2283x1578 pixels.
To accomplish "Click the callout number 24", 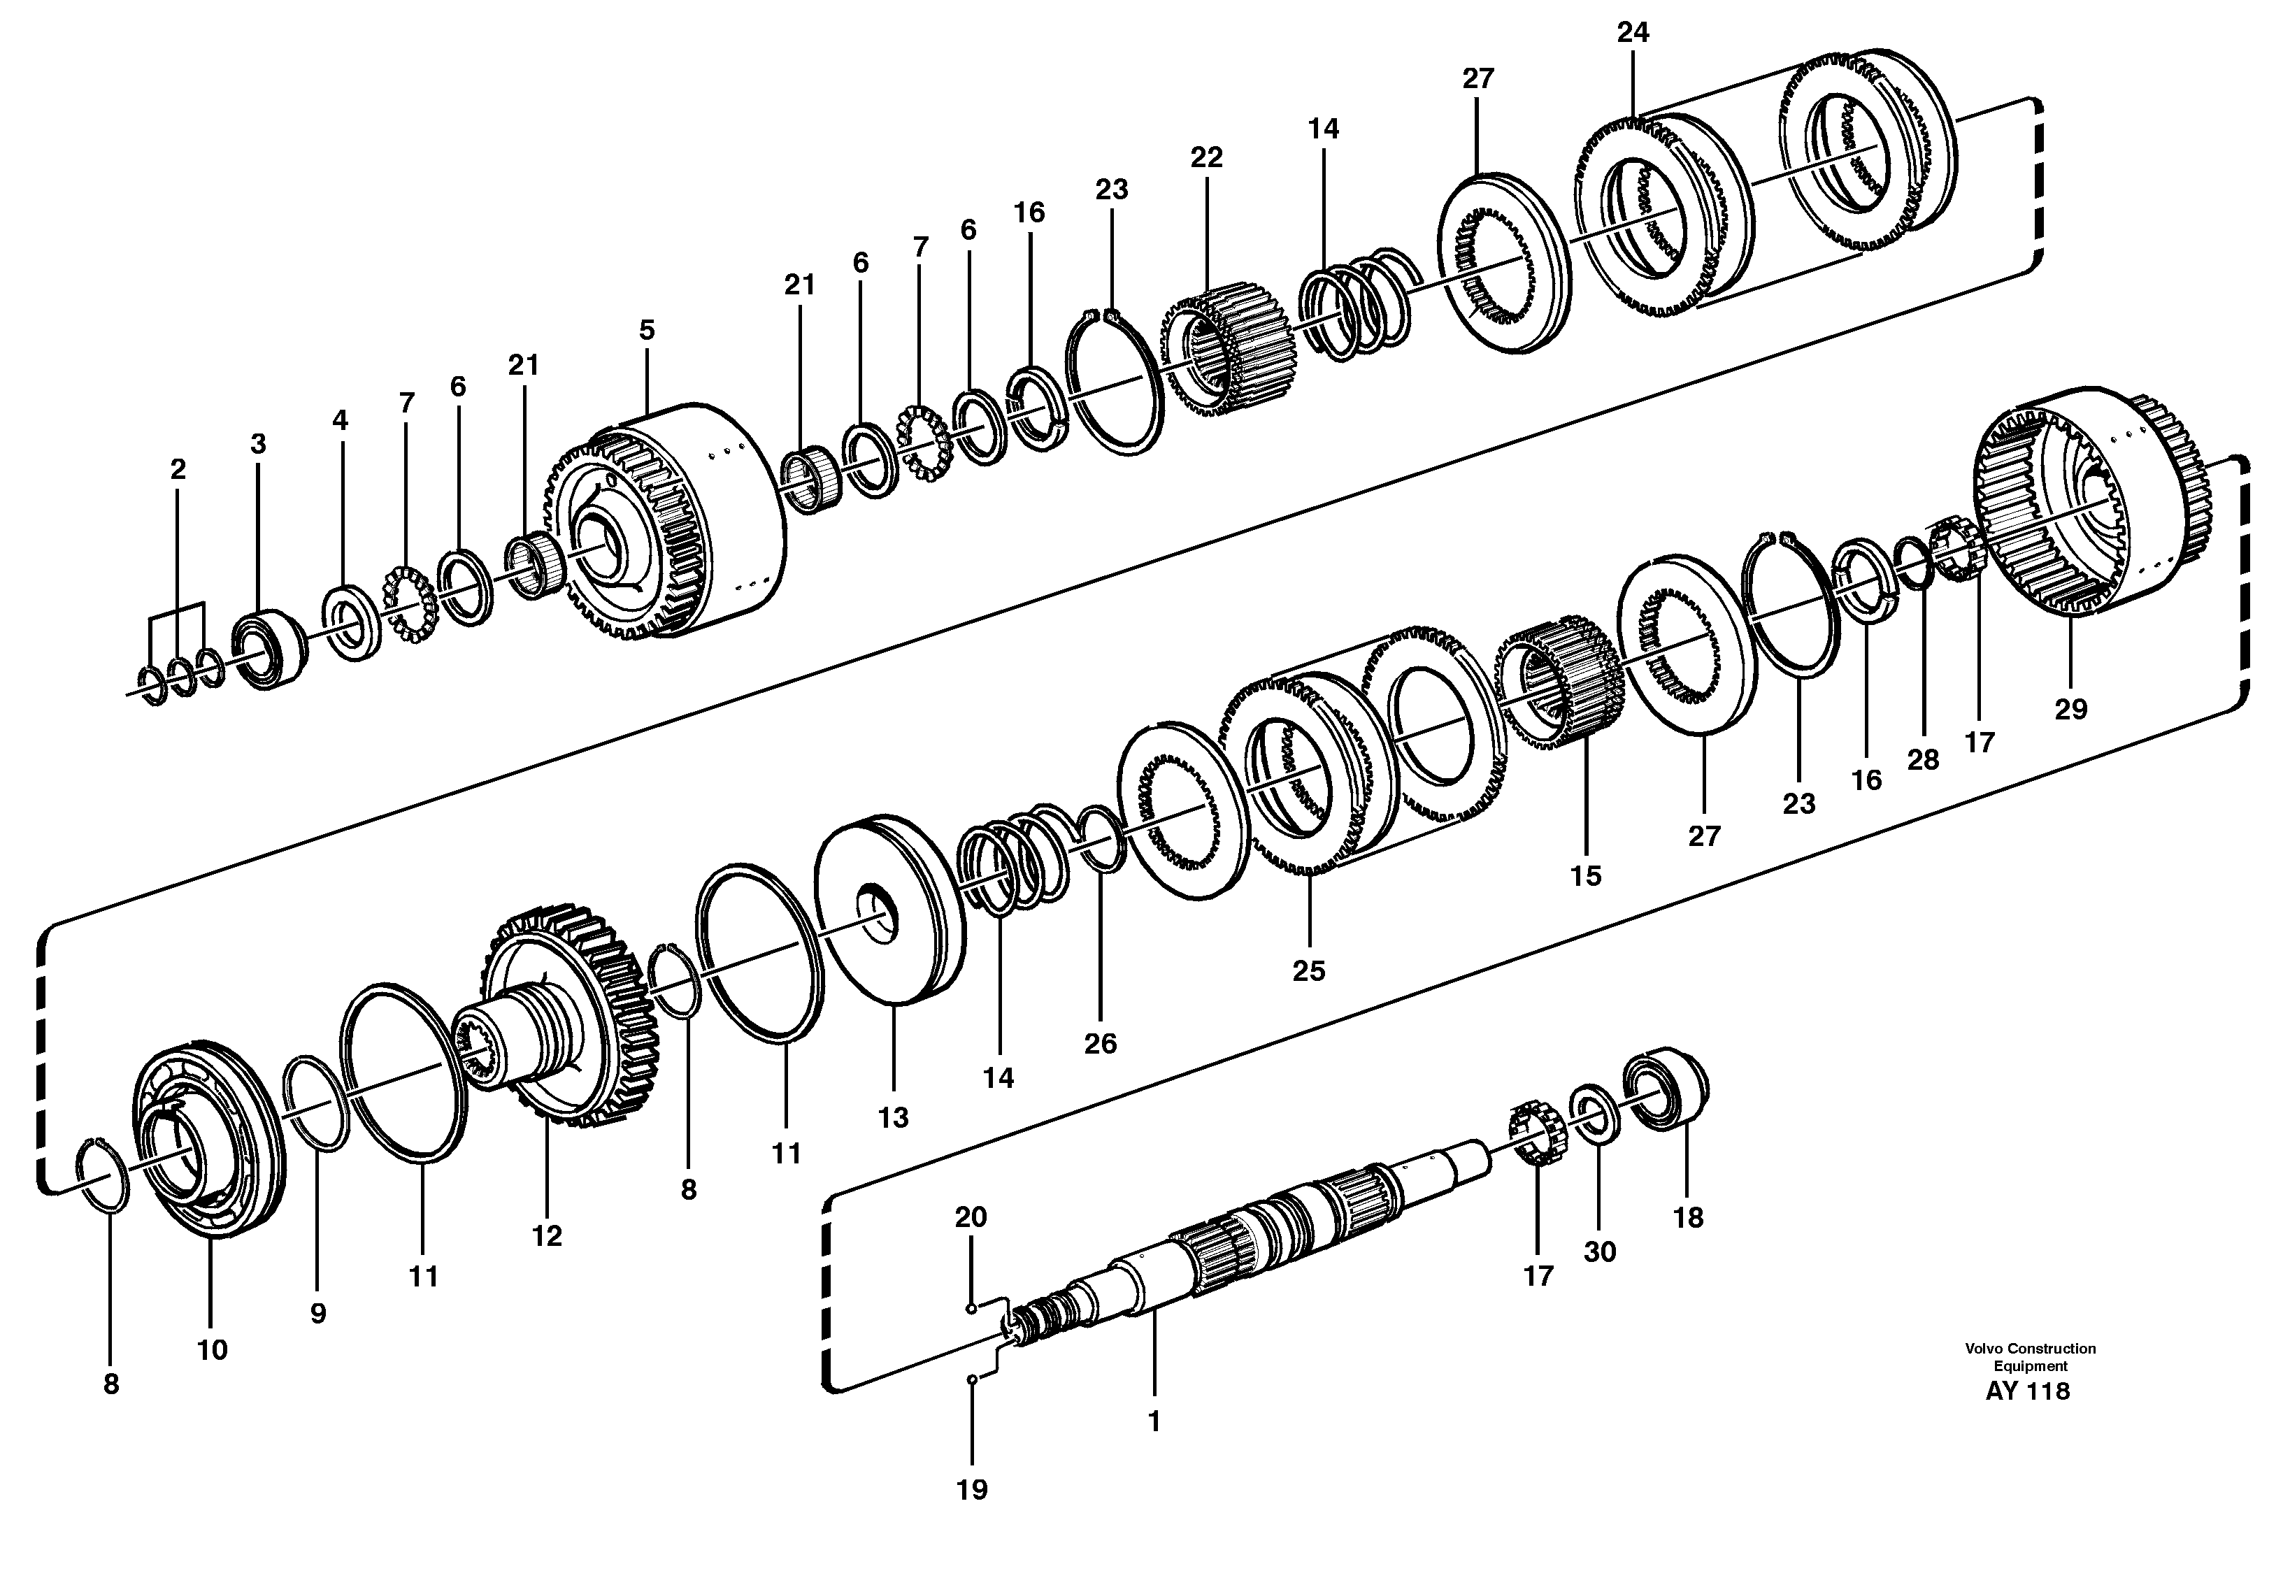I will tap(1633, 33).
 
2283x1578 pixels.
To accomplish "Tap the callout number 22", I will tap(1206, 157).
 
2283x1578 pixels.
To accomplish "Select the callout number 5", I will tap(647, 330).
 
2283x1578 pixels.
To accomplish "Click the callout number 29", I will tap(2070, 709).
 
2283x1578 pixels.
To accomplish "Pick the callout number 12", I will tap(546, 1236).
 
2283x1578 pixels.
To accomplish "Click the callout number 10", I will tap(212, 1349).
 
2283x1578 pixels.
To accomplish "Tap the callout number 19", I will tap(972, 1490).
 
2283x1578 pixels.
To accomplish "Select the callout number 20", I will tap(971, 1217).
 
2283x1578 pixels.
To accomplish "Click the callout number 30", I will tap(1600, 1251).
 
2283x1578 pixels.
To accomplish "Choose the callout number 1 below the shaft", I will tap(1153, 1422).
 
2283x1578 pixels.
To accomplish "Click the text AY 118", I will tap(2027, 1392).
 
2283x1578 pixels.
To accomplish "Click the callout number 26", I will tap(1101, 1043).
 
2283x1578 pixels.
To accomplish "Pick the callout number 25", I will tap(1308, 971).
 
